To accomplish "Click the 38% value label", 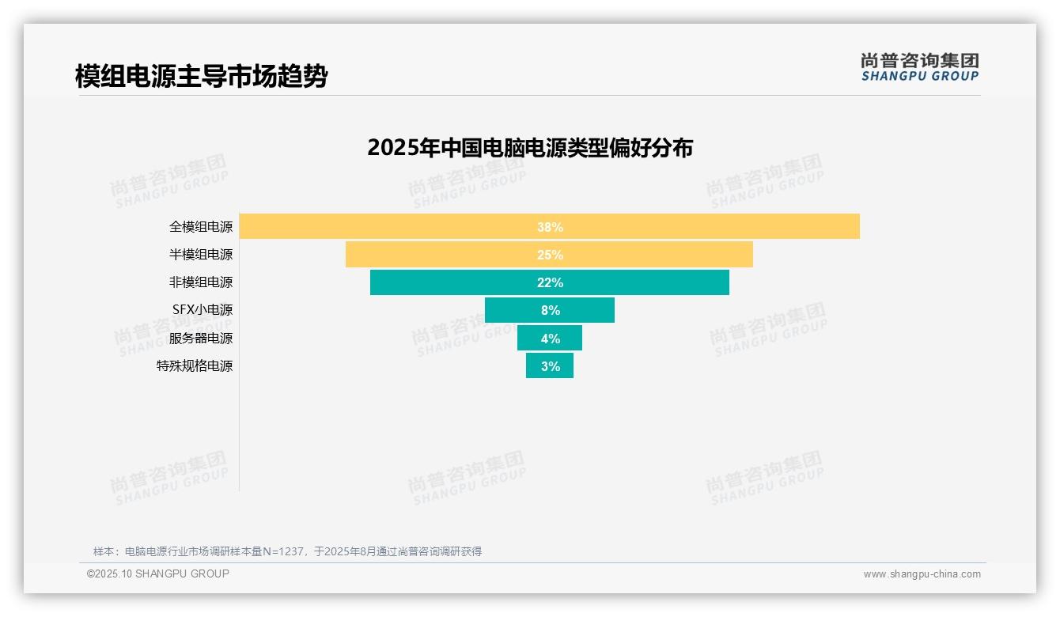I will click(550, 227).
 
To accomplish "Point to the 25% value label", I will click(550, 255).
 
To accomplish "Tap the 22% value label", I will click(550, 282).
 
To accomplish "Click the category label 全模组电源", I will click(201, 226).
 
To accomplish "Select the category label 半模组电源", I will click(201, 255).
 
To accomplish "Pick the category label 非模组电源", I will click(201, 282).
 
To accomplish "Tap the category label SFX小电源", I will click(203, 310).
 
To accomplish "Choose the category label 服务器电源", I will click(201, 338).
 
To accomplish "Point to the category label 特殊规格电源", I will click(195, 365).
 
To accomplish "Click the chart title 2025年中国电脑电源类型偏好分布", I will click(530, 148).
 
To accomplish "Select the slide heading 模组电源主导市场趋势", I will click(201, 76).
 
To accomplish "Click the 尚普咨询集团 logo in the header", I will click(920, 66).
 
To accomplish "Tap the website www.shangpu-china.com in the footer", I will click(922, 574).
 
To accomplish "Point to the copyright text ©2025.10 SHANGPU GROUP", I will click(158, 573).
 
